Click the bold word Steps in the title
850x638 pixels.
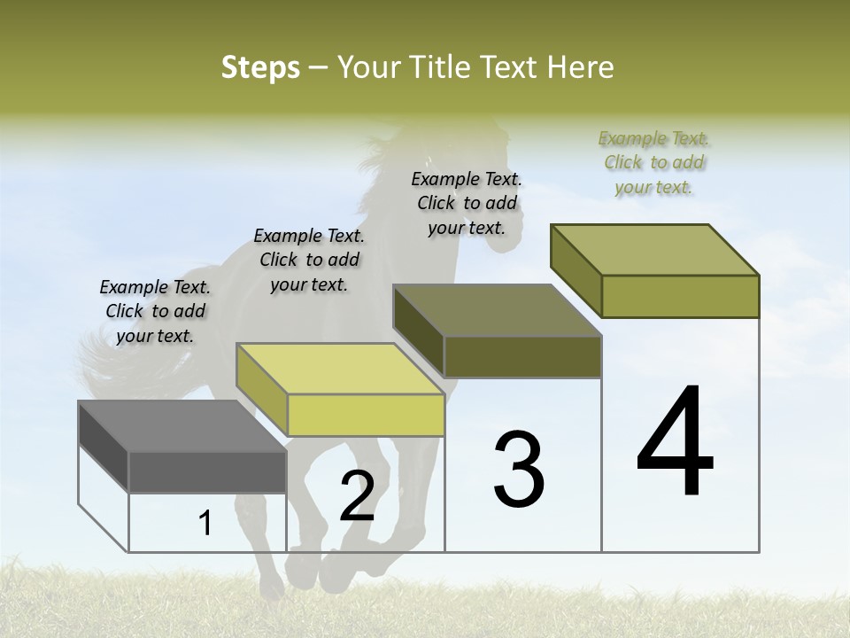click(x=260, y=67)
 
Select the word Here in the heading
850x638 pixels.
click(x=581, y=67)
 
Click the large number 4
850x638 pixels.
click(x=676, y=443)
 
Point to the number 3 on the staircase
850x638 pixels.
click(x=519, y=469)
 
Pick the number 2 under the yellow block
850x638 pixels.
click(x=357, y=496)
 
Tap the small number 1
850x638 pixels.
click(x=205, y=524)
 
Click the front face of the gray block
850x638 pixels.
click(x=207, y=472)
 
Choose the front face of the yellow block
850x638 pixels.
click(x=366, y=415)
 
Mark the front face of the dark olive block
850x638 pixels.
click(x=522, y=356)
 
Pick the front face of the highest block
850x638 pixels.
click(x=680, y=296)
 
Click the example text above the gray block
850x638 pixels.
click(x=155, y=311)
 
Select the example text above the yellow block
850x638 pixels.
click(x=309, y=260)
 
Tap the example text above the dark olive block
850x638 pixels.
click(x=467, y=203)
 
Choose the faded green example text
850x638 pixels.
click(x=654, y=162)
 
